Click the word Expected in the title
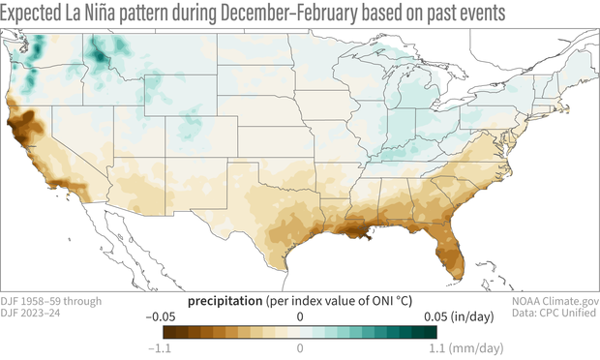[x=38, y=14]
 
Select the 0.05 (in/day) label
[x=445, y=316]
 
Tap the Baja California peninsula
[x=93, y=242]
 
